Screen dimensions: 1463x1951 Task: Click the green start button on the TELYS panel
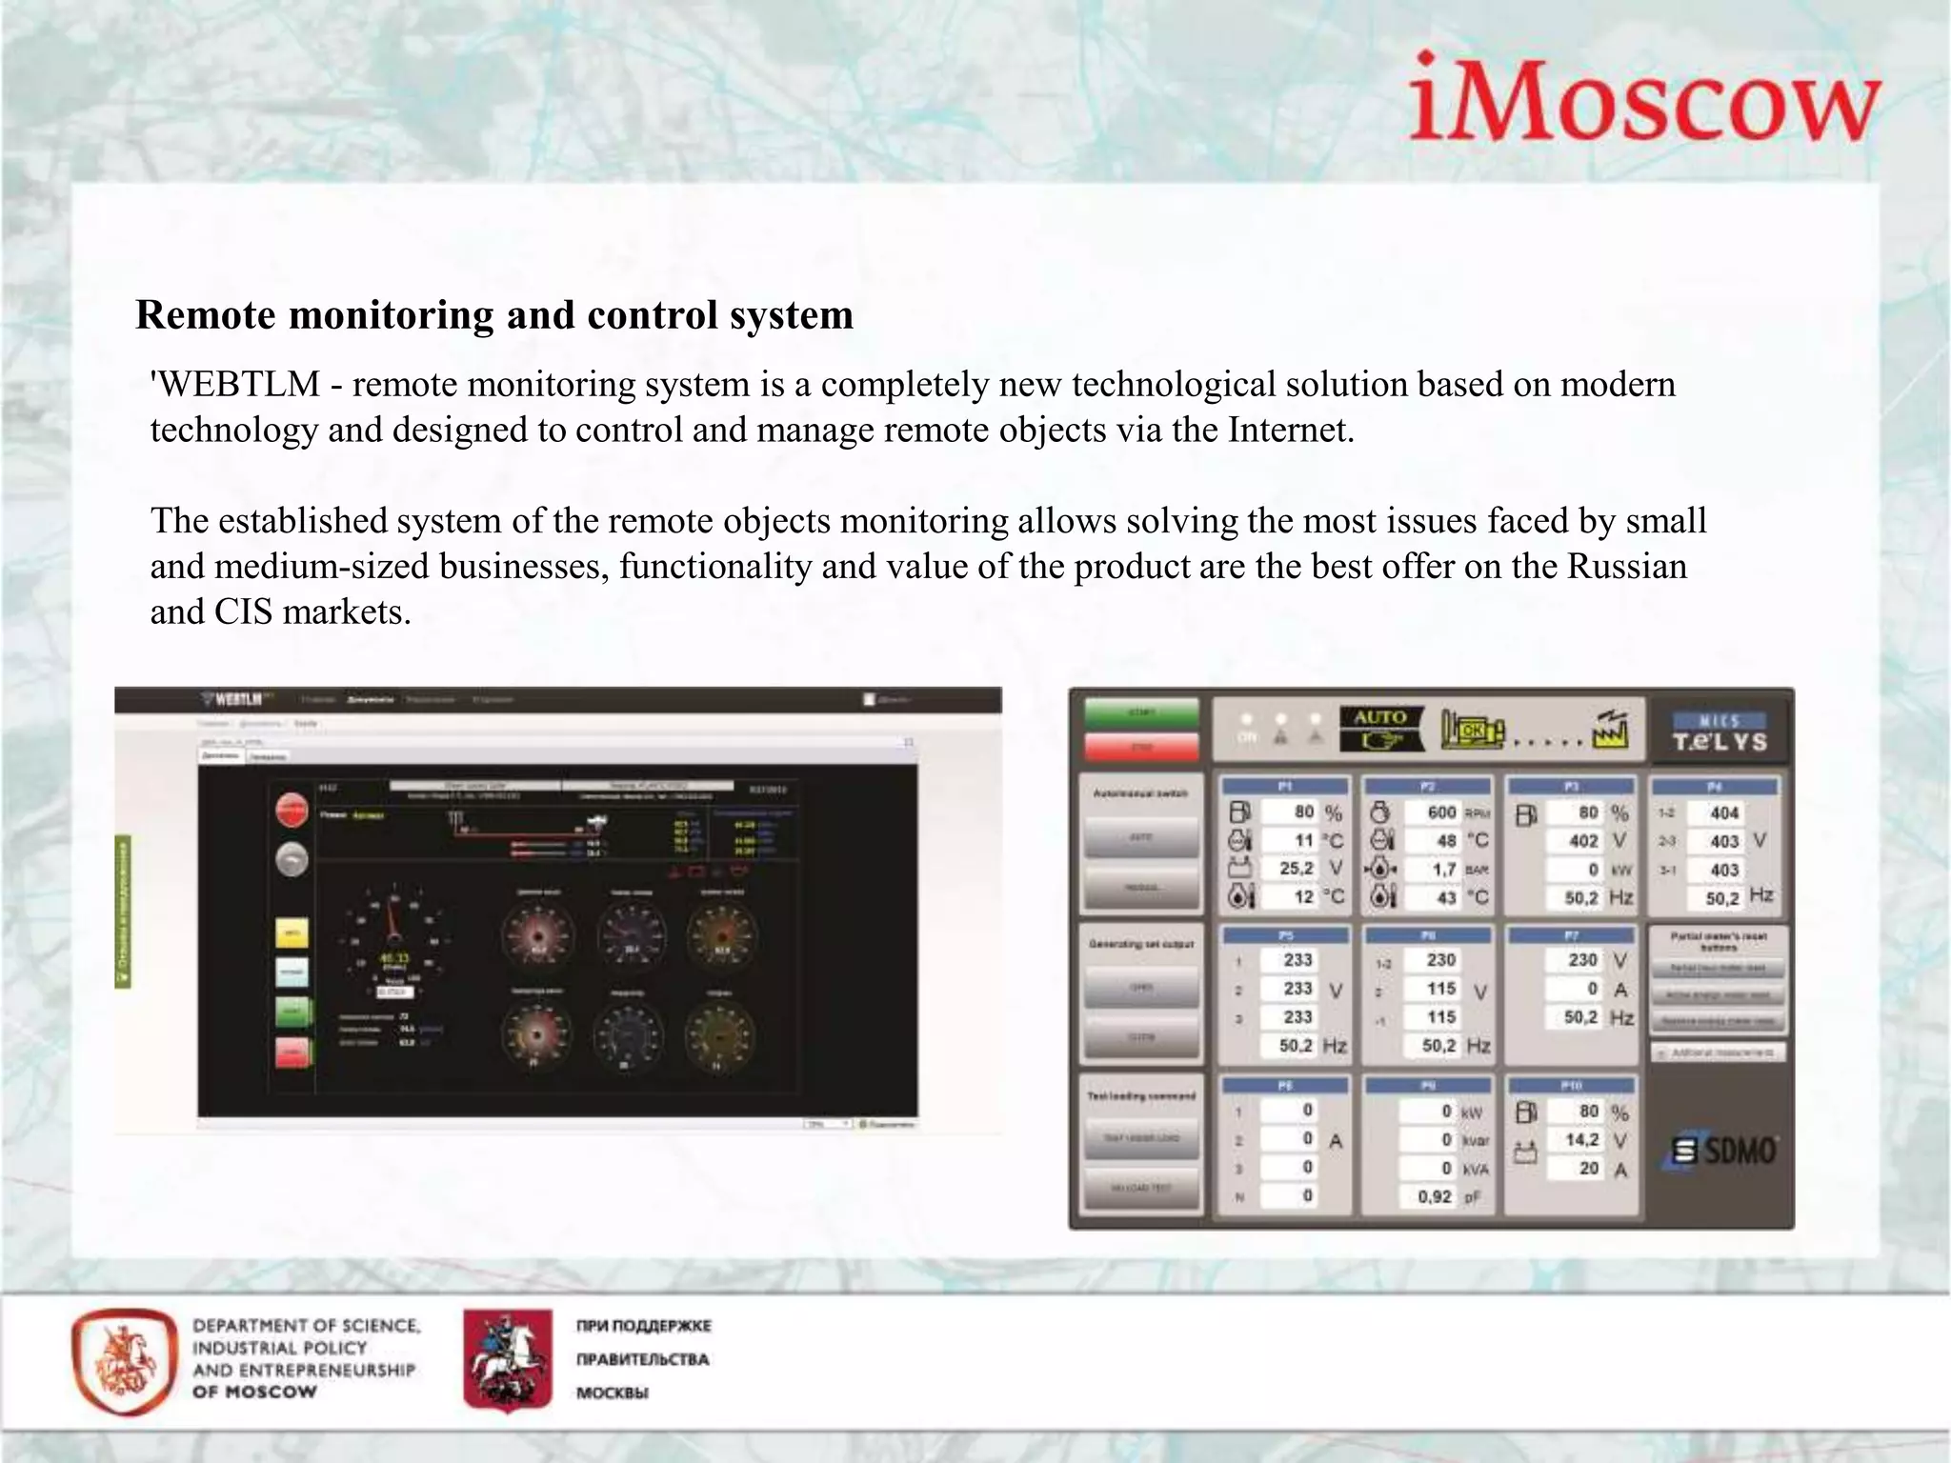(1141, 713)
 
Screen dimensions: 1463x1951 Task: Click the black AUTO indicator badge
(1380, 729)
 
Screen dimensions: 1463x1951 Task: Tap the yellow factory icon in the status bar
(1611, 731)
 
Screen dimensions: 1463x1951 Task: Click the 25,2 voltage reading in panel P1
(1295, 869)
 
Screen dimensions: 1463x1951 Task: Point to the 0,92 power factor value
(1434, 1196)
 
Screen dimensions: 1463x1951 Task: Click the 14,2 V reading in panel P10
(1580, 1140)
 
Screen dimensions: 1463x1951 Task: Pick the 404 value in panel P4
(1723, 813)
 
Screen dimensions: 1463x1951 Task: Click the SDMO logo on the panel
(1725, 1151)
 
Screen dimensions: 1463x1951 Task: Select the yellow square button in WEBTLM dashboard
(292, 932)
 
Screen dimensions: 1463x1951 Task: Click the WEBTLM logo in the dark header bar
(233, 700)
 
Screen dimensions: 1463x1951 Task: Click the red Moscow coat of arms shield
(507, 1359)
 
